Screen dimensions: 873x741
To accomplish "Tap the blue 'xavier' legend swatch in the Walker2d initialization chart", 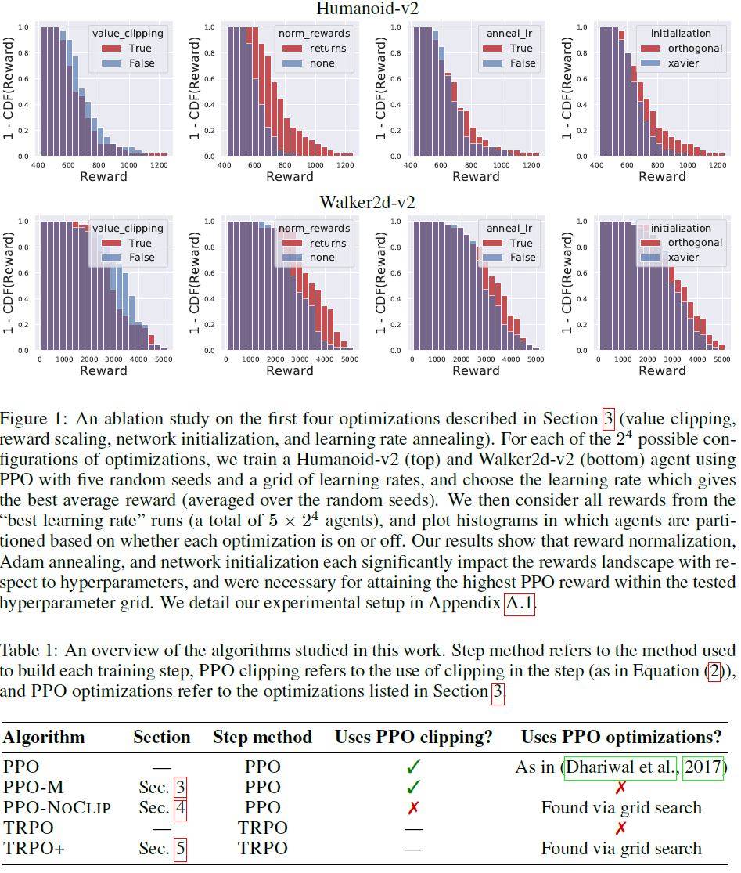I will pos(651,258).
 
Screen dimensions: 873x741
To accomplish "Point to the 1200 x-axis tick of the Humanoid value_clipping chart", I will pos(159,165).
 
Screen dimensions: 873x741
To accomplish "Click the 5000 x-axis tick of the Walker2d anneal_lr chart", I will pos(535,359).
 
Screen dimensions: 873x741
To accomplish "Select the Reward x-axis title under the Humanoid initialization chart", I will pos(662,177).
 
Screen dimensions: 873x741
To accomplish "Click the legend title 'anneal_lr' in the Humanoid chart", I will pos(510,34).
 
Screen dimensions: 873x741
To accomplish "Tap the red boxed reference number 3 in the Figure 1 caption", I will pos(609,416).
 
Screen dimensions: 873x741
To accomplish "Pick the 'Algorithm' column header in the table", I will pos(44,737).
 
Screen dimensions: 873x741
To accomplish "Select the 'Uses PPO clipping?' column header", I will pos(414,737).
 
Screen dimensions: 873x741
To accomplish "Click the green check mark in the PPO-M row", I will pos(414,786).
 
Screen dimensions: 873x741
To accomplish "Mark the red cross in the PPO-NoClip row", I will pos(414,806).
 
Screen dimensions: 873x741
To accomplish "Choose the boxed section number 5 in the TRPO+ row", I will pos(180,848).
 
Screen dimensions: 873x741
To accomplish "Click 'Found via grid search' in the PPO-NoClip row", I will pos(621,806).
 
